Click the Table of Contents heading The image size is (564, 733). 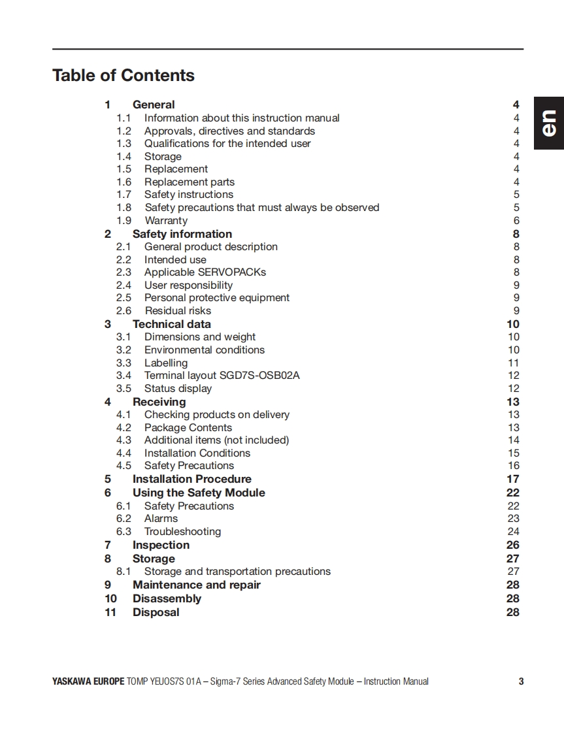[x=124, y=76]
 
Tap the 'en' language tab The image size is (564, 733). [x=549, y=123]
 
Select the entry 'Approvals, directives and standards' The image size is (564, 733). [x=229, y=131]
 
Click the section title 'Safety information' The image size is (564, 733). [x=182, y=234]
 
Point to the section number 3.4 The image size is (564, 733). [x=124, y=376]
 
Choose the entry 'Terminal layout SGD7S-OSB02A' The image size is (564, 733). [x=222, y=376]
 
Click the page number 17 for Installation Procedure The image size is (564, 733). [x=513, y=479]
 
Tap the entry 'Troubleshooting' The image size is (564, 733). [x=182, y=532]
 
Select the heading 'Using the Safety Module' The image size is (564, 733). [x=199, y=493]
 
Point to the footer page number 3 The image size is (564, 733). [x=521, y=681]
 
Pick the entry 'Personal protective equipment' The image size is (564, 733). [x=216, y=298]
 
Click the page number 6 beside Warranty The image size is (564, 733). [x=516, y=221]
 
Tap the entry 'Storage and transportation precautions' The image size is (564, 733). [x=237, y=572]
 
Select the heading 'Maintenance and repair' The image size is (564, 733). [x=196, y=585]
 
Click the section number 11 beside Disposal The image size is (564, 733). [x=110, y=612]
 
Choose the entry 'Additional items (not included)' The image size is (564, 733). [x=216, y=440]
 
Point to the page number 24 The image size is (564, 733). [x=514, y=532]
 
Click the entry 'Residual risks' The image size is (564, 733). [x=178, y=311]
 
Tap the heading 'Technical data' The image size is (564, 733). [x=171, y=324]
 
